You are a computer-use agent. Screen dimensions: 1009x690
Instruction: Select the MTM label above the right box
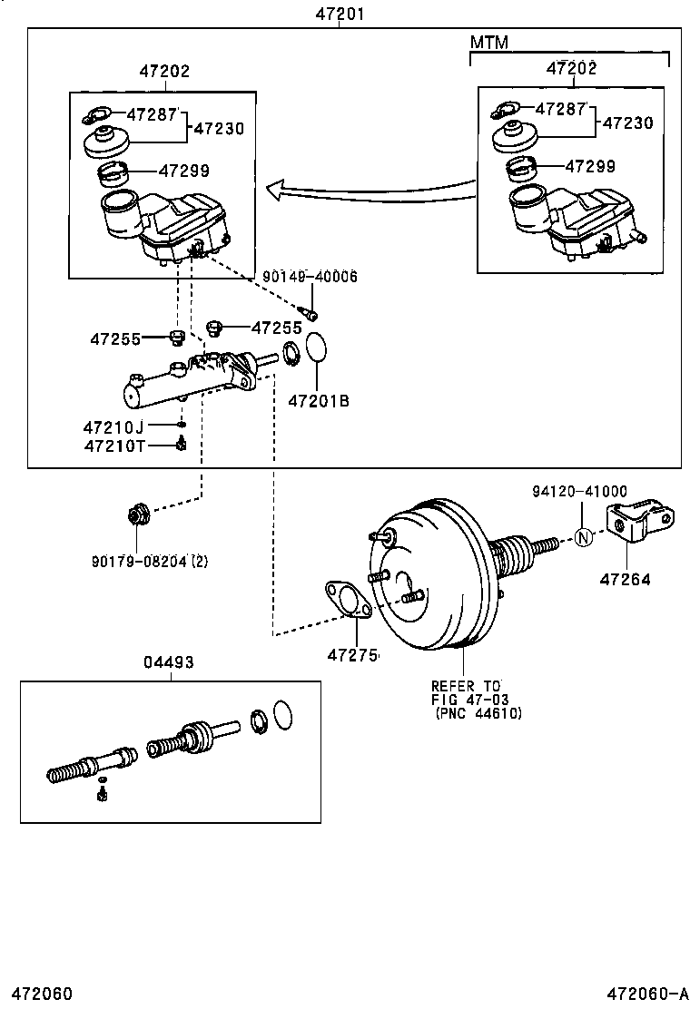click(x=488, y=43)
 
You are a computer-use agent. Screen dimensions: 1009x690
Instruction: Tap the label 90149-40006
click(x=310, y=277)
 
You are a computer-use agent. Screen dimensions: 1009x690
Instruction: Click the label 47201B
click(x=319, y=400)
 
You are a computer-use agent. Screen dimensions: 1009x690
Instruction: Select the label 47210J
click(x=113, y=426)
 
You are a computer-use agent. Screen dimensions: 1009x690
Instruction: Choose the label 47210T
click(x=113, y=445)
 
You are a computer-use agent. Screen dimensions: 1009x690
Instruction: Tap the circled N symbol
click(x=584, y=538)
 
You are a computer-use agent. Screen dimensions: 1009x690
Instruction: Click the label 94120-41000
click(x=579, y=491)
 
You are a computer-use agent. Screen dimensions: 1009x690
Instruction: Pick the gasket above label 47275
click(x=345, y=600)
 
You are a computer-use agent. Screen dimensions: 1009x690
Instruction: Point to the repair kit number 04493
click(x=169, y=662)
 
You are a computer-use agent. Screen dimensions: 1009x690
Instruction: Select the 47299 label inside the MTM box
click(x=590, y=166)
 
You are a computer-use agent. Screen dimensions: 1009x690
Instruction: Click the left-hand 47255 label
click(x=115, y=339)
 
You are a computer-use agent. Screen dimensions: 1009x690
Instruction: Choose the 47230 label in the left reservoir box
click(x=219, y=128)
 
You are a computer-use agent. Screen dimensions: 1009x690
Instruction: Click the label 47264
click(x=625, y=579)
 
